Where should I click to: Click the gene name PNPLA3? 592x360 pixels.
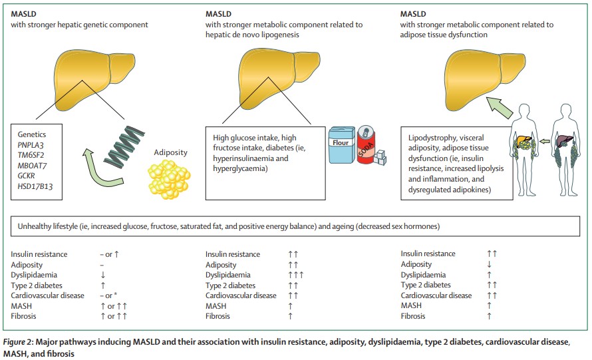click(30, 145)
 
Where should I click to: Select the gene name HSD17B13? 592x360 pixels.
click(34, 187)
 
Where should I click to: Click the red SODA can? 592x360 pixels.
click(367, 144)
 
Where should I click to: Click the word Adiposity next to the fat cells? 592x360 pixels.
click(170, 152)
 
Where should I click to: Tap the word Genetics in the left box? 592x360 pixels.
click(31, 134)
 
